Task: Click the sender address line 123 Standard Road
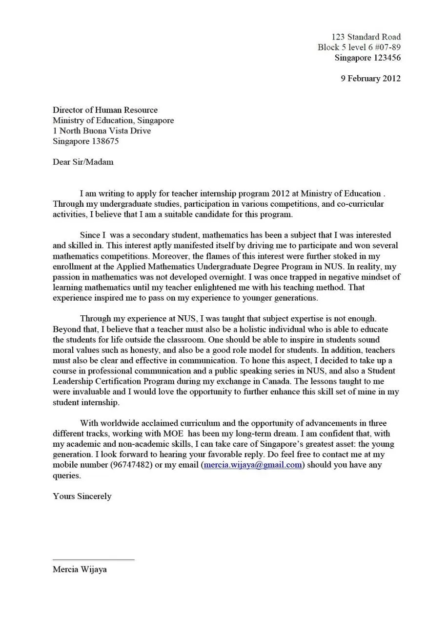coord(366,37)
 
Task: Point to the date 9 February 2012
coord(370,78)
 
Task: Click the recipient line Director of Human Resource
coord(105,110)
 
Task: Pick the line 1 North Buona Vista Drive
coord(102,130)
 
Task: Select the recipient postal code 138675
coord(105,141)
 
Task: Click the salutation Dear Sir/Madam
coord(83,162)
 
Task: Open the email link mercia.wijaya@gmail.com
coord(253,465)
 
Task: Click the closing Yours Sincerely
coord(82,496)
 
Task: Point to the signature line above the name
coord(93,560)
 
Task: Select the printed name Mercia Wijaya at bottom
coord(80,569)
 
